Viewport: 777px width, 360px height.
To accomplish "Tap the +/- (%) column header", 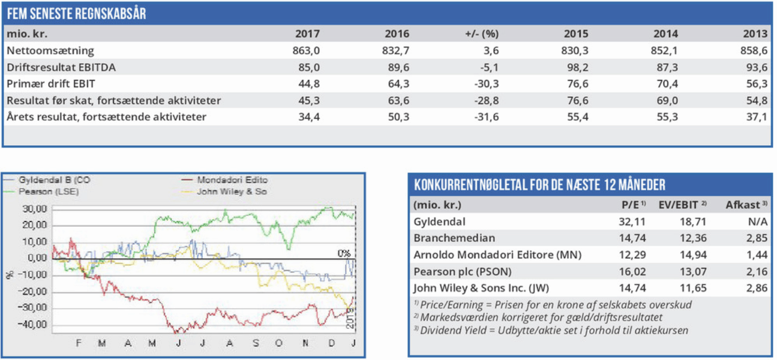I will (481, 34).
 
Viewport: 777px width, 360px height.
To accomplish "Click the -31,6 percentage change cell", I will (486, 116).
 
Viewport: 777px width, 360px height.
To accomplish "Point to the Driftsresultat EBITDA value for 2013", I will (754, 67).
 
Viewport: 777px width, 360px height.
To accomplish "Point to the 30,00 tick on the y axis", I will (34, 209).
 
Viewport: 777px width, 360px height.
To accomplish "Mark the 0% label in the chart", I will (343, 253).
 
